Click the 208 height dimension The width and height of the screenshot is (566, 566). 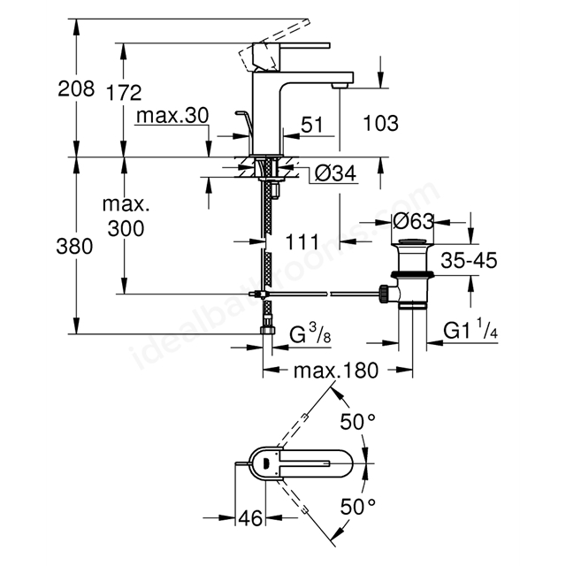tap(76, 88)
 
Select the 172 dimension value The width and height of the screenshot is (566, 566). tap(124, 93)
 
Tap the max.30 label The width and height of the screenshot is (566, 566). tap(172, 116)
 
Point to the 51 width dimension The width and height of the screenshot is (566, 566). tap(312, 125)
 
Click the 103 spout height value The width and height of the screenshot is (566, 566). tap(381, 124)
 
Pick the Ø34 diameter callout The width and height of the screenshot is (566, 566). tap(335, 173)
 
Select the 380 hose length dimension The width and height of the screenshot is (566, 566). tap(74, 247)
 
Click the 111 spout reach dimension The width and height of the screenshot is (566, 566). tap(302, 241)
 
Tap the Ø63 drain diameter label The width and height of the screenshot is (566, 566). tap(413, 221)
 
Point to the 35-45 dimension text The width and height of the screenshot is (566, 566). tap(469, 260)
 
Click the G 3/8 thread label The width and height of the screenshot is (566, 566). tap(310, 333)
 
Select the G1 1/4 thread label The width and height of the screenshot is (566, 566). tap(470, 329)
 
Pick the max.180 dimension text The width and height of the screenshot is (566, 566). tap(336, 371)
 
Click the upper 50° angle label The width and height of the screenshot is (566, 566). tap(357, 422)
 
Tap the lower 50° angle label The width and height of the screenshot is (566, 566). tap(357, 507)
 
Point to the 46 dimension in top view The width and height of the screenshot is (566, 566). tap(250, 518)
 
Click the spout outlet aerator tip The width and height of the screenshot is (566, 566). tap(340, 86)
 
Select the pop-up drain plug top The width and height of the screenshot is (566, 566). tap(412, 241)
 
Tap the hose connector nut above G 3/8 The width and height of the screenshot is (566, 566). tap(267, 330)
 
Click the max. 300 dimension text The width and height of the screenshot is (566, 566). tap(126, 217)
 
